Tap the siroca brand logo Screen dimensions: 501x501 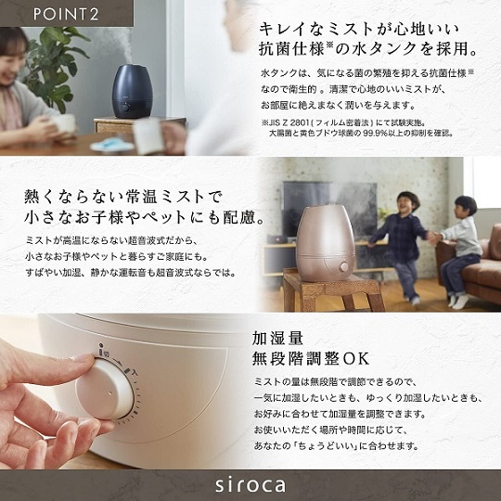[250, 484]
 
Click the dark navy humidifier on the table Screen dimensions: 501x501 [139, 92]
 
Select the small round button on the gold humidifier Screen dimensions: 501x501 [343, 266]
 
